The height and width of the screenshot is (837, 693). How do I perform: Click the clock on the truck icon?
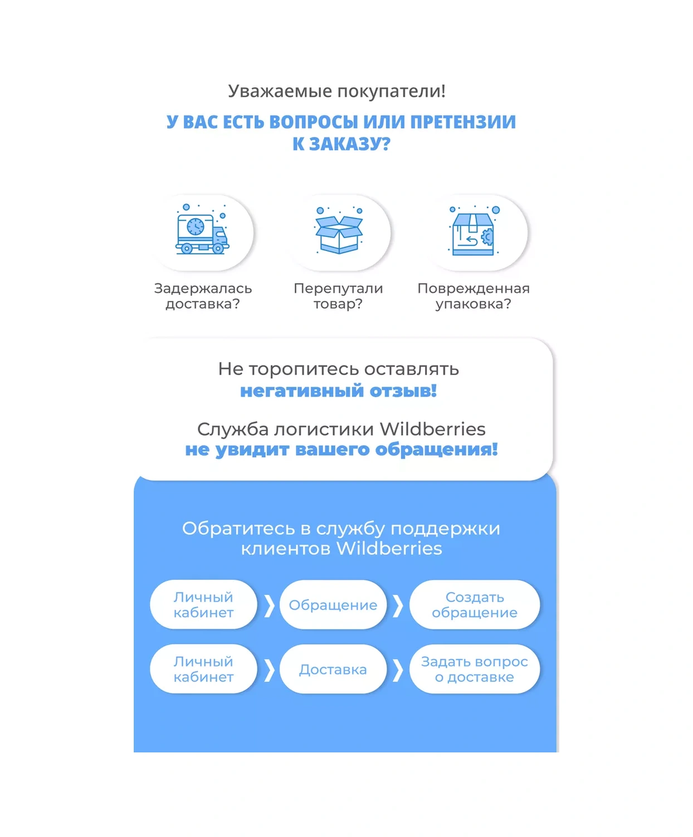click(x=196, y=227)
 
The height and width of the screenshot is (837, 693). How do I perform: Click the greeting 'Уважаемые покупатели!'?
click(x=336, y=91)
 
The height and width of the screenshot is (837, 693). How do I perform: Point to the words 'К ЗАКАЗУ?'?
click(x=341, y=144)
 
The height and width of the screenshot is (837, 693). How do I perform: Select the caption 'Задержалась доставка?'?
click(x=203, y=296)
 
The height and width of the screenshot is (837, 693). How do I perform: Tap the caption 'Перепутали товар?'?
click(x=338, y=296)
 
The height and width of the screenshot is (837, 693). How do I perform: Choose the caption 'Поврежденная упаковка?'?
click(x=474, y=296)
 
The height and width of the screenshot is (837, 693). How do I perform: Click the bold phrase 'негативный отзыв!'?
click(x=339, y=391)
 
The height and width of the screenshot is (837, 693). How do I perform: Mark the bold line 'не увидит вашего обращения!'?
click(x=341, y=450)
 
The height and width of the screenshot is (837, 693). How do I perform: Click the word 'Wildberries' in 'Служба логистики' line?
click(x=433, y=429)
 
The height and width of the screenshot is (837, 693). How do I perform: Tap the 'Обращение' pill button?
click(x=333, y=605)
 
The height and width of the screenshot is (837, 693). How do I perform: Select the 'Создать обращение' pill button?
click(x=475, y=605)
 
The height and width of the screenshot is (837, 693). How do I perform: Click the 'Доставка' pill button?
click(x=333, y=669)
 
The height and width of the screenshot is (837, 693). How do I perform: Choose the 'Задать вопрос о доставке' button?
click(x=475, y=669)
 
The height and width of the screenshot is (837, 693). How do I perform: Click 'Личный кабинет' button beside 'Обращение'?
click(x=203, y=605)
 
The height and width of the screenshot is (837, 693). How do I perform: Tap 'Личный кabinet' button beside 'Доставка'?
click(x=203, y=669)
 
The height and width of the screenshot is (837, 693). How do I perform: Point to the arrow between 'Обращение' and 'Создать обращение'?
click(x=398, y=605)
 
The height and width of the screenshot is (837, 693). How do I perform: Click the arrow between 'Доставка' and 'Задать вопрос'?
click(x=398, y=670)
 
